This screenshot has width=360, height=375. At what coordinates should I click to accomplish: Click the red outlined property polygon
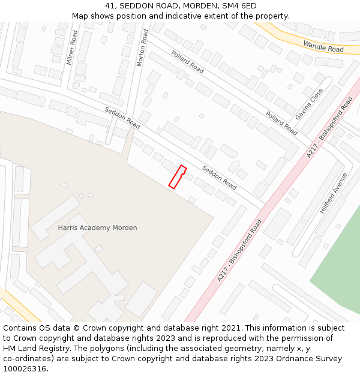pyautogui.click(x=177, y=178)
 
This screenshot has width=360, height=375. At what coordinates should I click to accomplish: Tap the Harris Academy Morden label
pyautogui.click(x=97, y=228)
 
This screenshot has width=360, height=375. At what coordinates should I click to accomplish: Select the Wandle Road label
pyautogui.click(x=323, y=46)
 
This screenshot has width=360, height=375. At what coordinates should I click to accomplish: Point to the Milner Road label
pyautogui.click(x=71, y=47)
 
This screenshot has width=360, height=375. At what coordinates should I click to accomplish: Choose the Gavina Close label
pyautogui.click(x=309, y=104)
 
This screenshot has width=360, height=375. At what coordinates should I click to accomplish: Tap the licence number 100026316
pyautogui.click(x=25, y=369)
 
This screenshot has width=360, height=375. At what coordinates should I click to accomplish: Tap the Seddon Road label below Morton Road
pyautogui.click(x=122, y=118)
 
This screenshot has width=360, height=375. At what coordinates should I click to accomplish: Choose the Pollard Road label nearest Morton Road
pyautogui.click(x=188, y=62)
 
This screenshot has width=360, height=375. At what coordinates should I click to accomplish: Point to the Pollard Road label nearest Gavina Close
pyautogui.click(x=281, y=123)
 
